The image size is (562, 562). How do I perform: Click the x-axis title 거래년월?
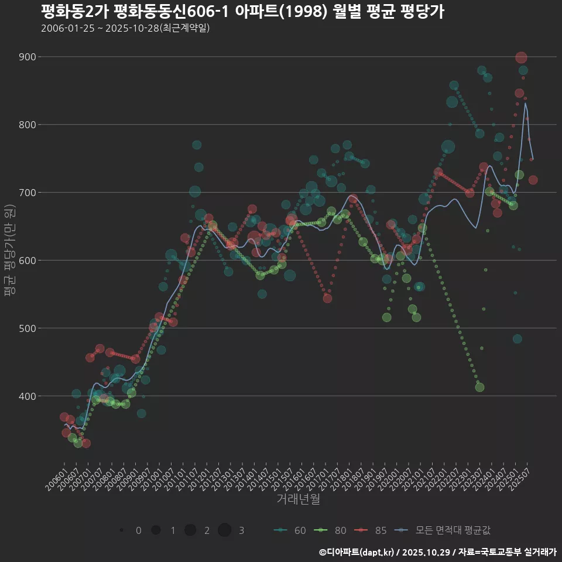(x=298, y=499)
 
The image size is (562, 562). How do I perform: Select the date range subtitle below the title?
(x=125, y=28)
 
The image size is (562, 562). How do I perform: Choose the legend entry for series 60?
(x=290, y=530)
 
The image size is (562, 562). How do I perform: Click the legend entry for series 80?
(x=330, y=530)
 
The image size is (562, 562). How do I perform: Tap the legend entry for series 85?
(x=371, y=530)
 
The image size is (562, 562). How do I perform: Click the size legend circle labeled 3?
(x=225, y=530)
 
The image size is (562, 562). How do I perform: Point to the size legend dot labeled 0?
(x=121, y=530)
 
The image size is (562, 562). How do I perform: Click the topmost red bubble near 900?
(x=521, y=57)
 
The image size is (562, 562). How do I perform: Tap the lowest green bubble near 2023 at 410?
(x=479, y=387)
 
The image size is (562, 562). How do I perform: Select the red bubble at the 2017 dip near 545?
(x=327, y=299)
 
